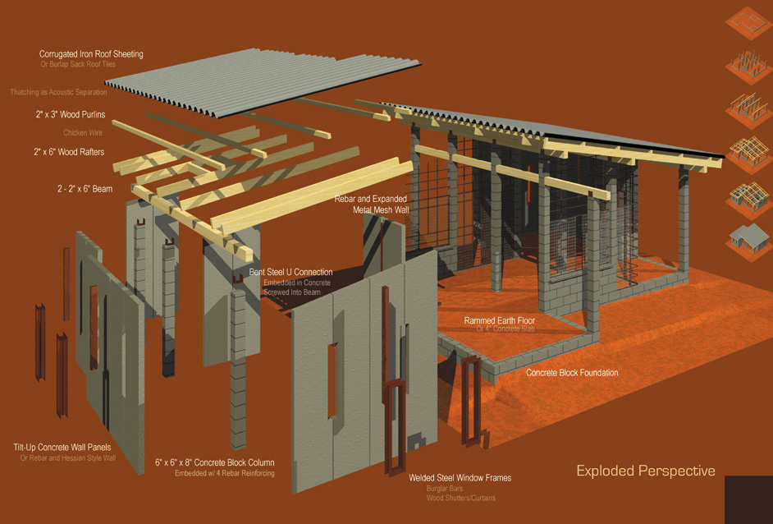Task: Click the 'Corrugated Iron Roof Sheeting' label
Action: tap(91, 54)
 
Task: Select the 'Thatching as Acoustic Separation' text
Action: tap(58, 93)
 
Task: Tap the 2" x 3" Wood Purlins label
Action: tap(70, 113)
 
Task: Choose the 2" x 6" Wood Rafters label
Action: tap(69, 152)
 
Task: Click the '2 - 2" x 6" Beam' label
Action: tap(73, 189)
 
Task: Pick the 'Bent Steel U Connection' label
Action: tap(290, 272)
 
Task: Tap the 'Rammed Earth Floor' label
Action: tap(501, 320)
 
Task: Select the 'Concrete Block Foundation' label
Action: tap(572, 373)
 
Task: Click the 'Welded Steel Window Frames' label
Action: tap(460, 477)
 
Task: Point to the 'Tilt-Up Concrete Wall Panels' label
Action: tap(64, 447)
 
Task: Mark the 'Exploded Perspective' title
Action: tap(646, 471)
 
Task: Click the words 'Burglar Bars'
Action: tap(446, 489)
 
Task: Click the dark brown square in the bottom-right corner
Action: tap(748, 499)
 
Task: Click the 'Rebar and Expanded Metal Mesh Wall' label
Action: tap(370, 204)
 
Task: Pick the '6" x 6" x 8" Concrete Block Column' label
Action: tap(214, 462)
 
